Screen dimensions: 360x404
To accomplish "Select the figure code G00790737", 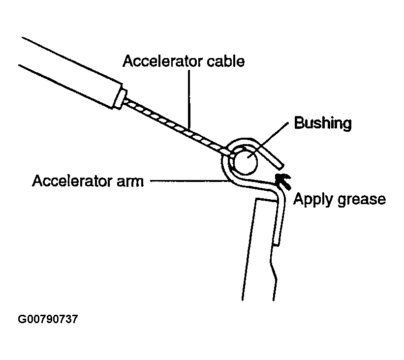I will (x=48, y=319).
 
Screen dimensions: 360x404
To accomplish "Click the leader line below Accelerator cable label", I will (x=189, y=98).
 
